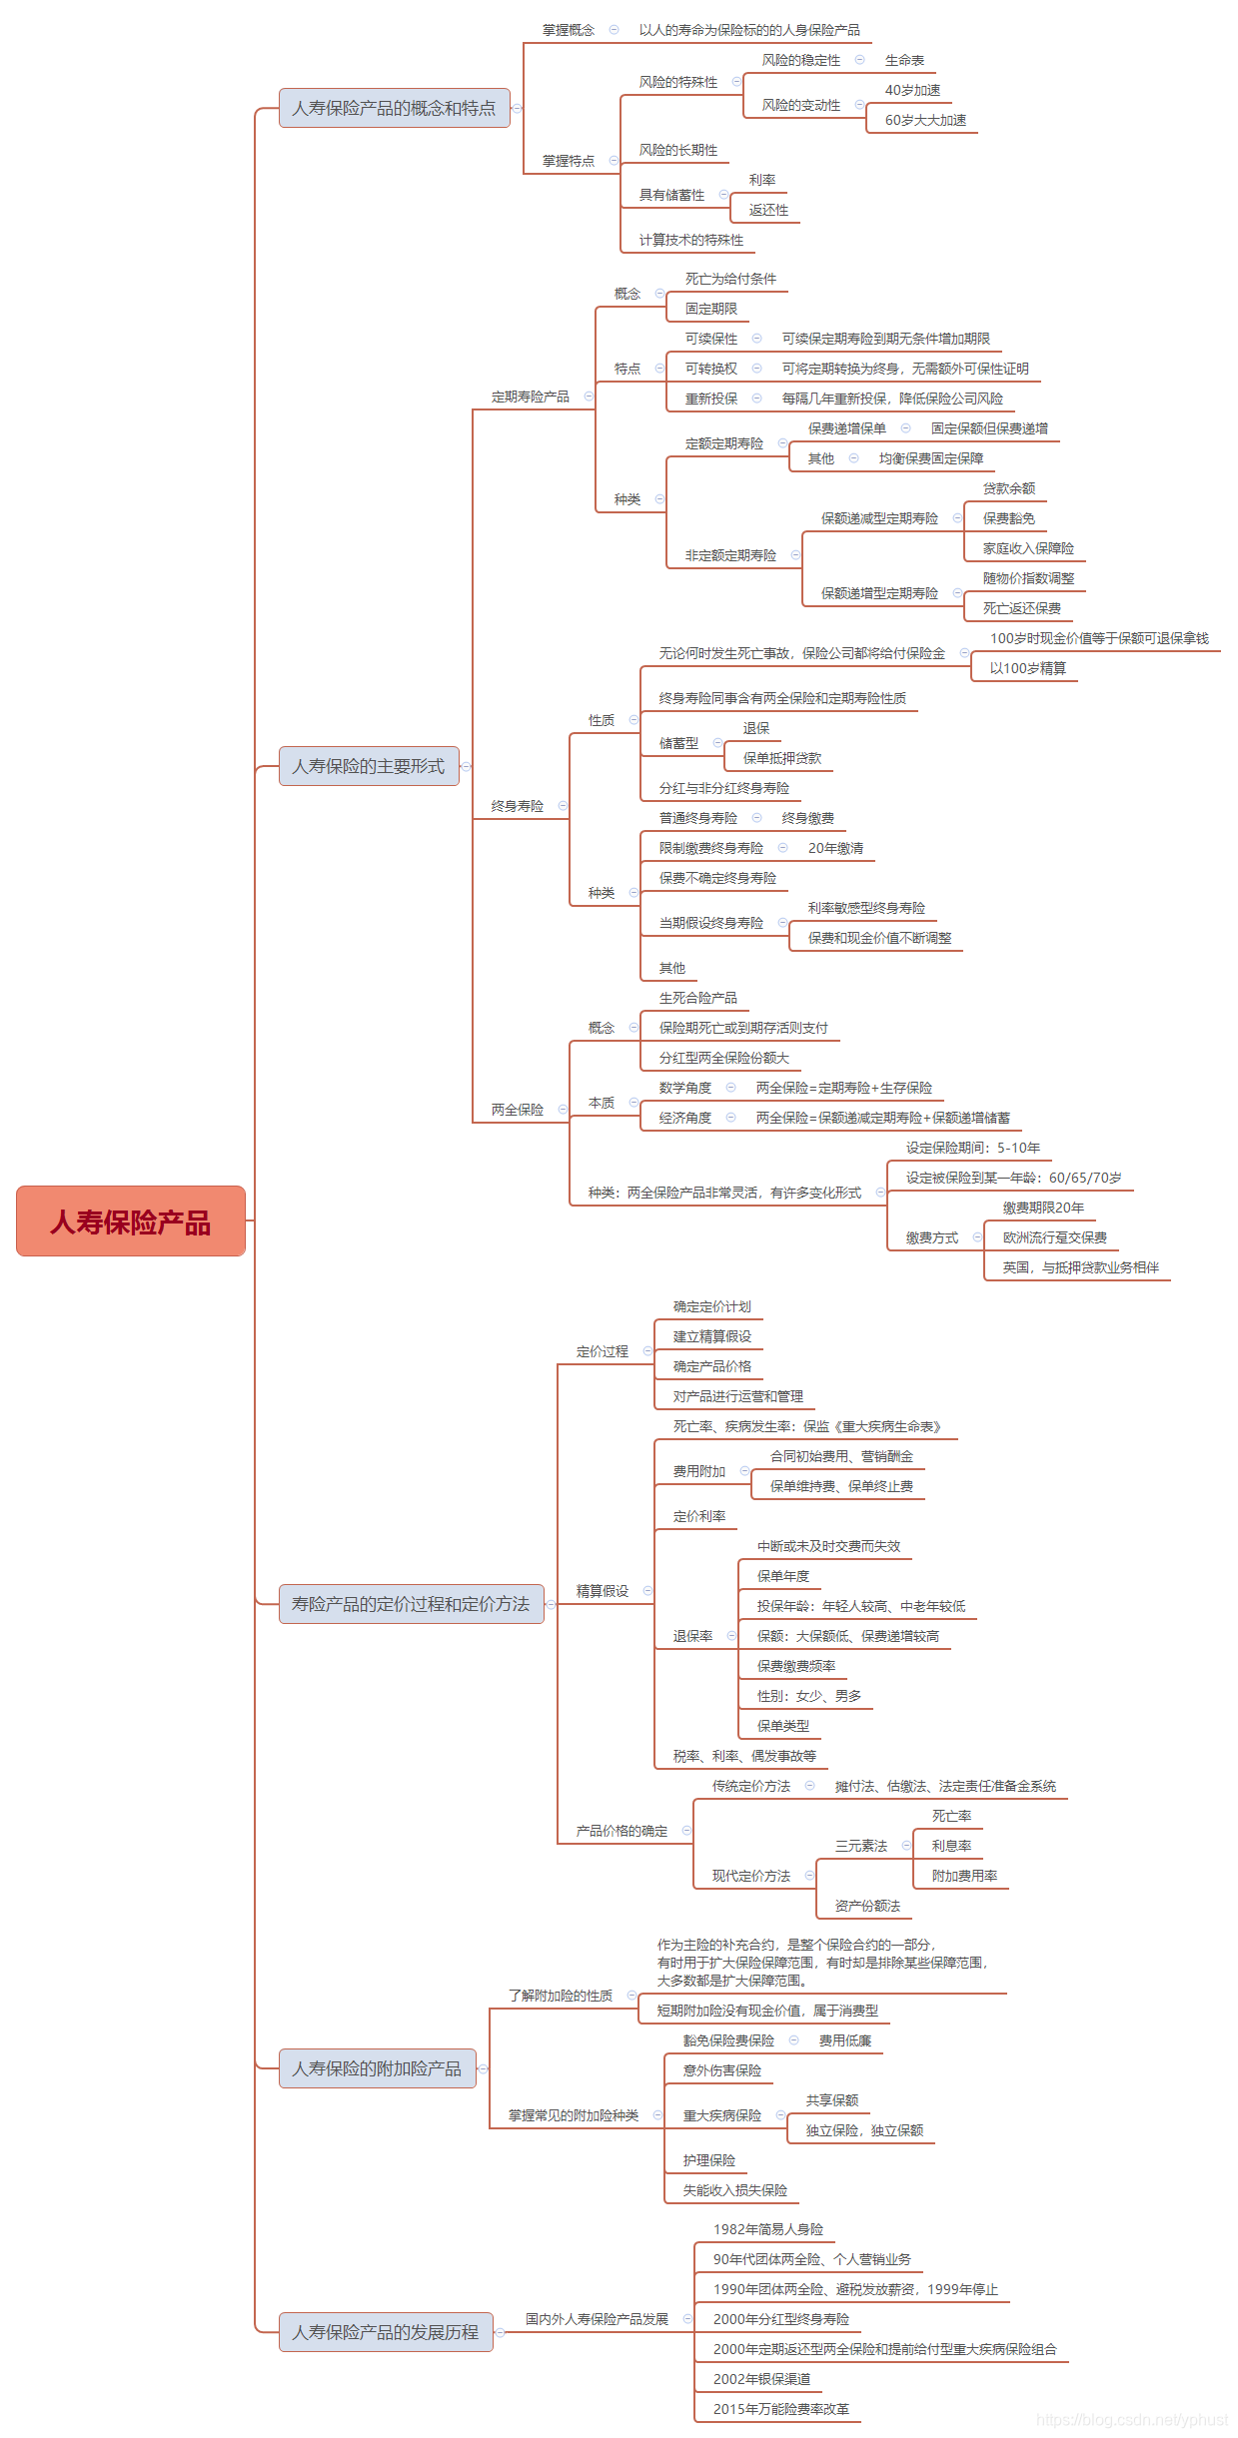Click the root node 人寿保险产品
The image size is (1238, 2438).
tap(131, 1220)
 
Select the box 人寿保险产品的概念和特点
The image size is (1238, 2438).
tap(394, 108)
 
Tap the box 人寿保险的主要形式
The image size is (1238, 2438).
tap(368, 766)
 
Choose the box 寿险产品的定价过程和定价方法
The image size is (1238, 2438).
tap(411, 1604)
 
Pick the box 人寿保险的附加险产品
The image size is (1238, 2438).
tap(377, 2068)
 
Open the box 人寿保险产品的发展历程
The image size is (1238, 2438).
tap(385, 2332)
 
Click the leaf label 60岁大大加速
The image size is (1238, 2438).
tap(925, 120)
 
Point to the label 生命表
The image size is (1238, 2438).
tap(904, 60)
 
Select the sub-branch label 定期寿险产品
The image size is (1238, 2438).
tap(530, 397)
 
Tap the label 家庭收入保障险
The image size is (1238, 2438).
tap(1028, 548)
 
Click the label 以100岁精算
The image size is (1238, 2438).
tap(1027, 668)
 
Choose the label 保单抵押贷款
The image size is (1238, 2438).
tap(781, 758)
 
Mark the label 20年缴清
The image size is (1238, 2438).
tap(835, 848)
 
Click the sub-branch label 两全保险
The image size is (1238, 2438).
tap(517, 1110)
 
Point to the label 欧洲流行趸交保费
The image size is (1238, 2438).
tap(1054, 1237)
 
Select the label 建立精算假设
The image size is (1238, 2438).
tap(711, 1336)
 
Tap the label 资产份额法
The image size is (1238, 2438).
tap(867, 1906)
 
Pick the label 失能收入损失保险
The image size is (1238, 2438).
tap(734, 2190)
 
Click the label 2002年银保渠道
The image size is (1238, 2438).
tap(761, 2379)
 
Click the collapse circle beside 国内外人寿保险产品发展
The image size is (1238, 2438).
tap(687, 2319)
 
